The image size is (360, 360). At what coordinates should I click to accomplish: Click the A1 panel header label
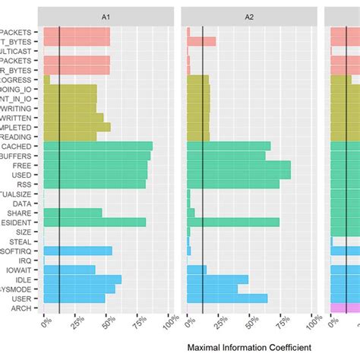pos(107,15)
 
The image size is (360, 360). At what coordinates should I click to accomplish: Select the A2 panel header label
pos(250,15)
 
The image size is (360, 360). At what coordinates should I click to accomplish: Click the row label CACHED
pos(17,146)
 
